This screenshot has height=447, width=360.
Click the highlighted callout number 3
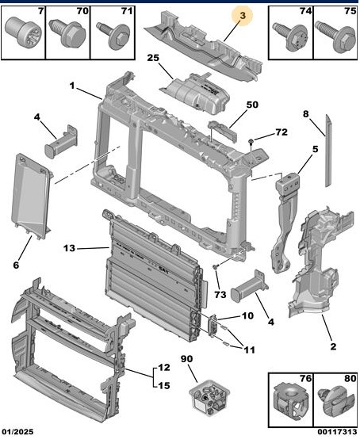pos(243,15)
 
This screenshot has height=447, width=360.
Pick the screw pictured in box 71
pos(113,36)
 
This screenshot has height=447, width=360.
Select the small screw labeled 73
pos(216,266)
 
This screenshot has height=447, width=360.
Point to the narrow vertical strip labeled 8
pos(327,151)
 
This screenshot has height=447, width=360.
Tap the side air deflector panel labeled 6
pos(30,196)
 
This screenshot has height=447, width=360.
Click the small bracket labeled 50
pos(223,131)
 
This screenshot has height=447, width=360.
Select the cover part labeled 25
pos(196,93)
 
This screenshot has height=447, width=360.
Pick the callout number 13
pos(69,248)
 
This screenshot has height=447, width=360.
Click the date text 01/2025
pos(18,432)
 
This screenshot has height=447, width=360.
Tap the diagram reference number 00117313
pos(338,432)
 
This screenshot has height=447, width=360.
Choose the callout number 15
pos(164,386)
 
